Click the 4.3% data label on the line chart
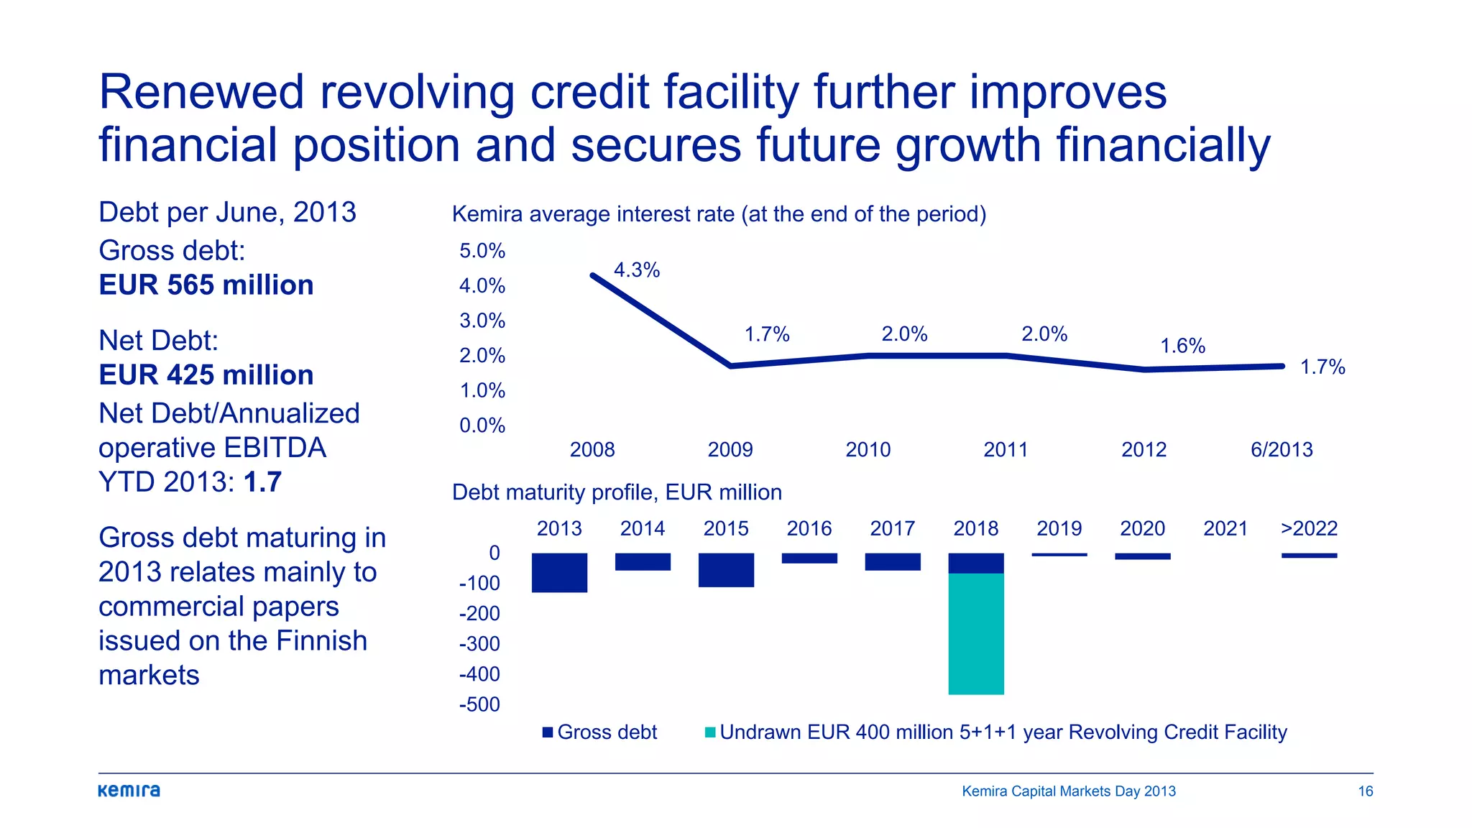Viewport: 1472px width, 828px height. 636,270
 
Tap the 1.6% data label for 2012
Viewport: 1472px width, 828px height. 1182,346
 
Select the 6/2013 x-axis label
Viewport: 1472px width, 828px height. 1282,450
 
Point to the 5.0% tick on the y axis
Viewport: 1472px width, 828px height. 482,251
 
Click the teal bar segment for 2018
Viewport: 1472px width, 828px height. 975,633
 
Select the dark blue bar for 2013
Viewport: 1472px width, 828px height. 559,572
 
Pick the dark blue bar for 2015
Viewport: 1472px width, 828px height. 726,570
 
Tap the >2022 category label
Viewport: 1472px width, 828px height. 1309,529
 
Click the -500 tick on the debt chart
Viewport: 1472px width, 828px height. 479,704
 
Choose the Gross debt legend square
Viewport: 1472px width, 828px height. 548,732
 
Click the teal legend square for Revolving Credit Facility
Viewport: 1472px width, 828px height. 710,732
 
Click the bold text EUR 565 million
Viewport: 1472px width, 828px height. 206,285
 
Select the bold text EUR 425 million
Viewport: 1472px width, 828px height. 206,375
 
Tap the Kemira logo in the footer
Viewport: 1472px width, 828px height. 129,791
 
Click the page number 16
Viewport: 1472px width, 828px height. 1365,791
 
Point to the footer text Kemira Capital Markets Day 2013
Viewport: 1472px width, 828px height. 1069,791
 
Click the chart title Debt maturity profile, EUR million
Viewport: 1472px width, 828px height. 617,492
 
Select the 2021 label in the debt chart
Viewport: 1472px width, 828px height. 1225,529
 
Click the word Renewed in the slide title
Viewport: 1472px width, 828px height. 201,93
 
